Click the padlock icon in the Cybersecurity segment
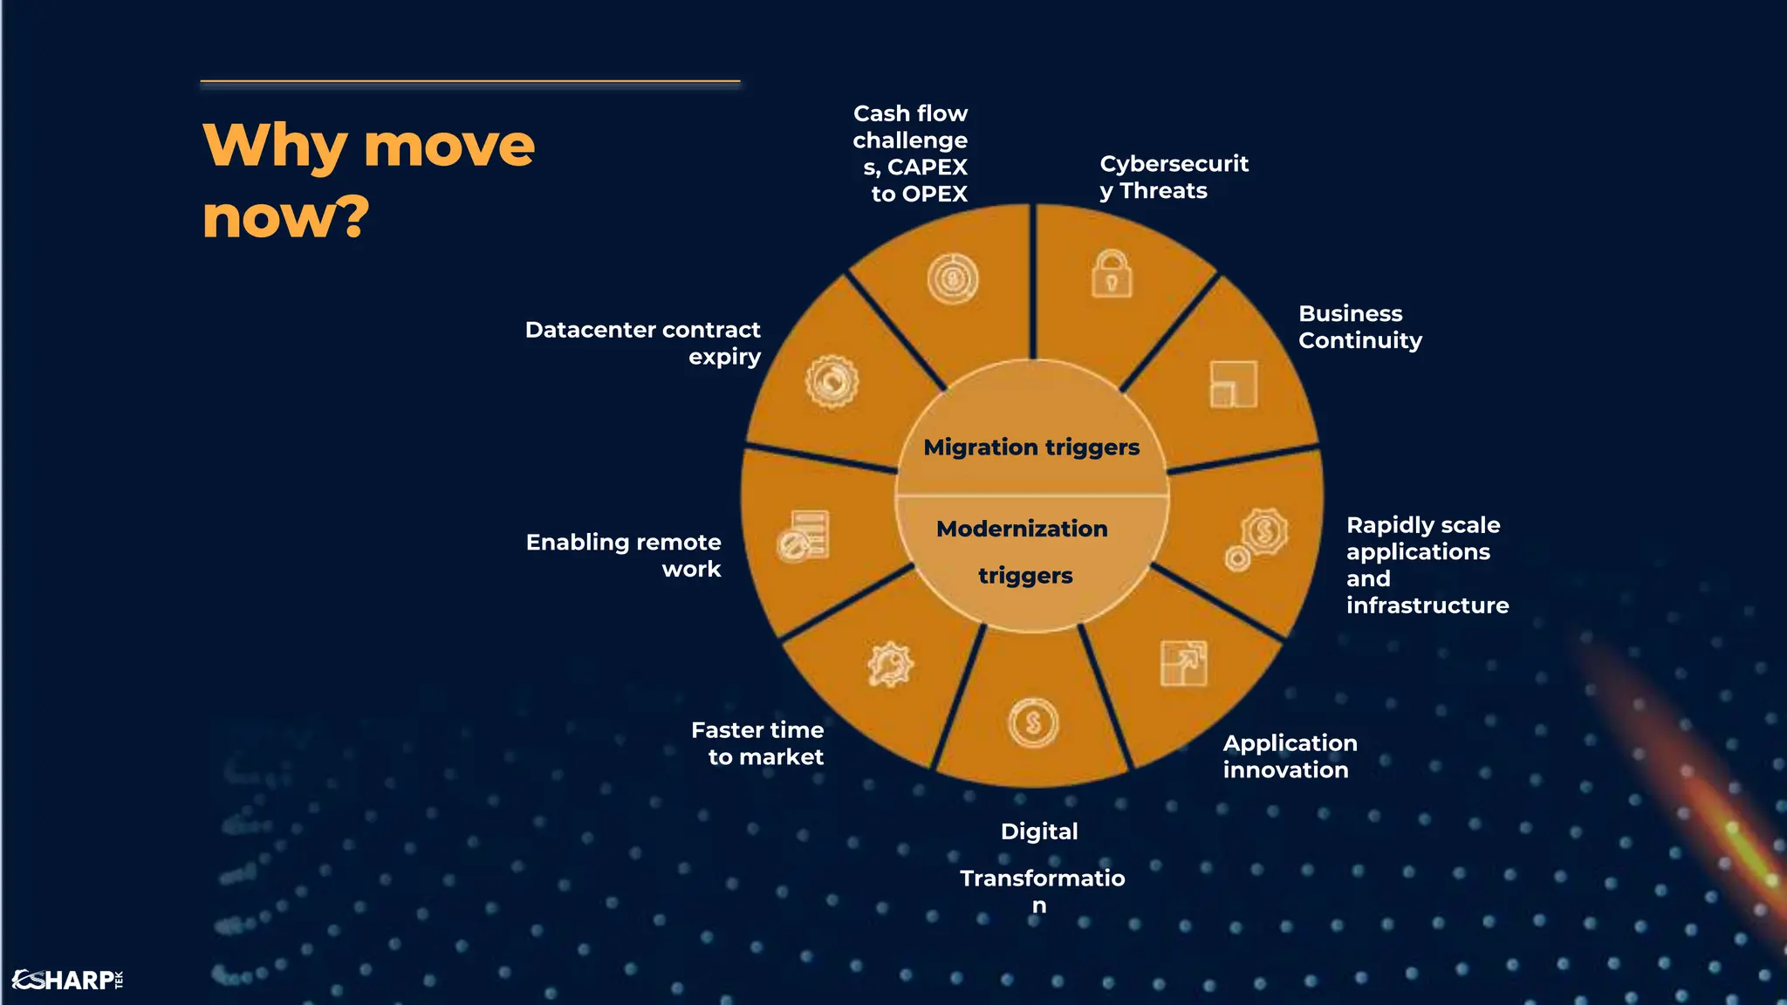pyautogui.click(x=1112, y=274)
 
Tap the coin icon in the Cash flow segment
pyautogui.click(x=952, y=279)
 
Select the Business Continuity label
pyautogui.click(x=1359, y=327)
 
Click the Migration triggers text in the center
pyautogui.click(x=1031, y=448)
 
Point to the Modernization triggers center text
pyautogui.click(x=1024, y=551)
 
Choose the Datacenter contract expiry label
pyautogui.click(x=643, y=343)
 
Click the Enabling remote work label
pyautogui.click(x=624, y=555)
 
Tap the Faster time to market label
pyautogui.click(x=757, y=743)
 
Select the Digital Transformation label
pyautogui.click(x=1041, y=867)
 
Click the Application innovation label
pyautogui.click(x=1290, y=756)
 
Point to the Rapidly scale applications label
pyautogui.click(x=1427, y=564)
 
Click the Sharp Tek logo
pyautogui.click(x=67, y=980)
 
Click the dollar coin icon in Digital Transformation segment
pyautogui.click(x=1033, y=722)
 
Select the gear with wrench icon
pyautogui.click(x=890, y=665)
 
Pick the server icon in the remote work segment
pyautogui.click(x=804, y=536)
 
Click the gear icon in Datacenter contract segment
pyautogui.click(x=832, y=381)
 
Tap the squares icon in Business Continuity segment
pyautogui.click(x=1233, y=385)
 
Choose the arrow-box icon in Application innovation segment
pyautogui.click(x=1183, y=664)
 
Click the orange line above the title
pyautogui.click(x=469, y=81)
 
